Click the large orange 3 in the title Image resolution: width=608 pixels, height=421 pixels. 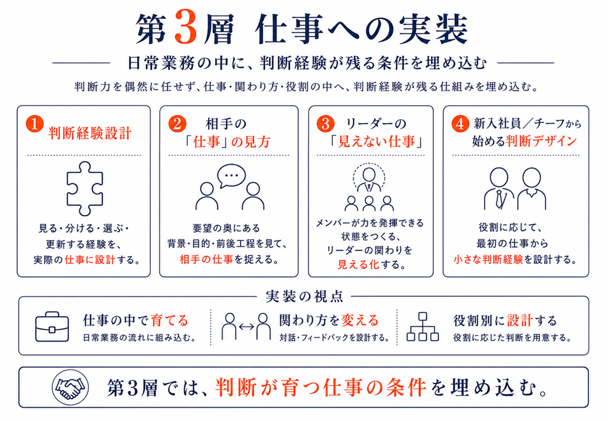(185, 27)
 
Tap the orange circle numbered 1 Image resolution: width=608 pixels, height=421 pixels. (35, 123)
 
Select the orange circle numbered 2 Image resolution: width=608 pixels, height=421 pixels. (177, 123)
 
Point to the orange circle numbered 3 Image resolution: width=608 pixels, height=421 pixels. (325, 123)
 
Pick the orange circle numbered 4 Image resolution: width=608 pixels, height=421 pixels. (460, 123)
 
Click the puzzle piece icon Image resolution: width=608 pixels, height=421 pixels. (85, 188)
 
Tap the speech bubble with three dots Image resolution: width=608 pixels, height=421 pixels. (232, 175)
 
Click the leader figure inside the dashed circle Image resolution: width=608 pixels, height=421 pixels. (369, 180)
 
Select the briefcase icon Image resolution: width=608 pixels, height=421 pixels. (52, 327)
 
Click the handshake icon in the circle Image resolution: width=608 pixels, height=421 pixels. (70, 387)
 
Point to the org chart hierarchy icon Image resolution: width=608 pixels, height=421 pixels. (423, 327)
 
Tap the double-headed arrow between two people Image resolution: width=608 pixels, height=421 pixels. (247, 327)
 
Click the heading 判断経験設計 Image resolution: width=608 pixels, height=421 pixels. (90, 133)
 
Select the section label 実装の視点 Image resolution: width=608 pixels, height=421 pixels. (305, 296)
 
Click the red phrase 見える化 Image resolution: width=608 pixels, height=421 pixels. (358, 265)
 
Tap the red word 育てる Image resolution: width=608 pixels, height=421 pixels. (170, 320)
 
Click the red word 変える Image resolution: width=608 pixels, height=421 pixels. (360, 320)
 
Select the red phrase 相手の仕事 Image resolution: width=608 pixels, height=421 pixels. (206, 260)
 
